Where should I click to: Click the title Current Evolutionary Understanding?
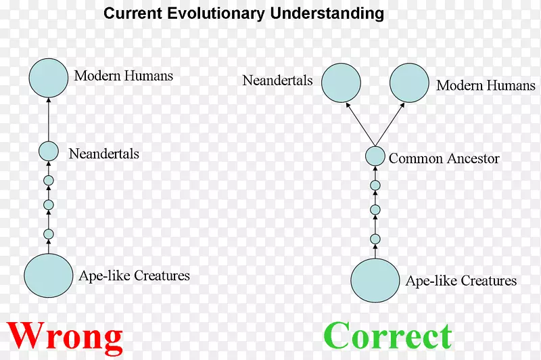(243, 14)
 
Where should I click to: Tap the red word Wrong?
(66, 336)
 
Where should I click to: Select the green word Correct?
(387, 336)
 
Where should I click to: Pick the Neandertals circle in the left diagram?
(49, 152)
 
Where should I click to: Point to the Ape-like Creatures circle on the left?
(49, 275)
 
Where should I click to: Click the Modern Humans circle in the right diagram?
(409, 84)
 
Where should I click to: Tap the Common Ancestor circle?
(375, 157)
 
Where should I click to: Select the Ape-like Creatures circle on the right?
(375, 279)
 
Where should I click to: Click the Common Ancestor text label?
(444, 159)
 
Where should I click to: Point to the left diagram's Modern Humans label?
(123, 75)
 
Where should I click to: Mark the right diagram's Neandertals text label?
(277, 81)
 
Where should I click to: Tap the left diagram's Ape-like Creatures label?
(134, 275)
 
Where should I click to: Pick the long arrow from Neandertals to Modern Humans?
(49, 118)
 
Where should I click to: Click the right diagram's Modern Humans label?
(486, 85)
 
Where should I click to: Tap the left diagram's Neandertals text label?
(103, 154)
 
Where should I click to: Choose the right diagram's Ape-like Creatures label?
(461, 281)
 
